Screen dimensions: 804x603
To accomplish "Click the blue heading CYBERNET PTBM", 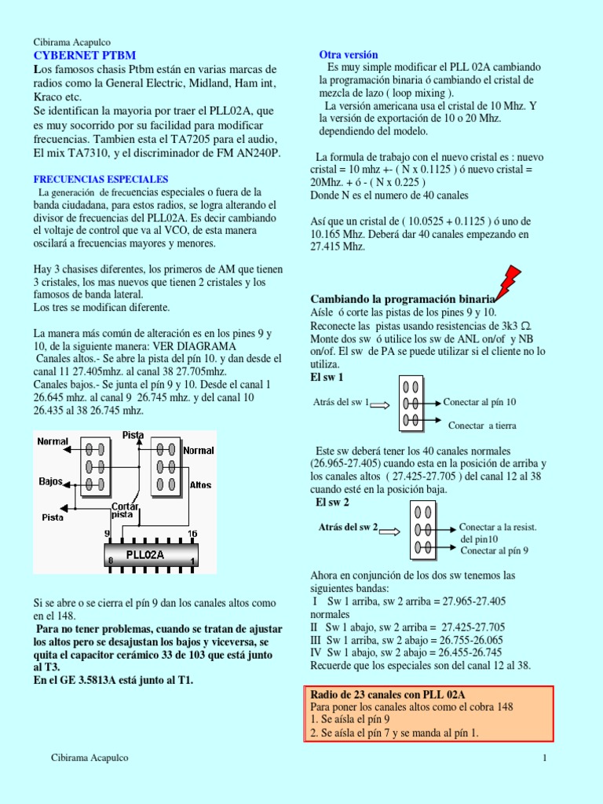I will [84, 55].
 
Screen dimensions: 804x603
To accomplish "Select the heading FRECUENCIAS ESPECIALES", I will [100, 179].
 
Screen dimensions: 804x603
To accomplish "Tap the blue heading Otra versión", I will [348, 55].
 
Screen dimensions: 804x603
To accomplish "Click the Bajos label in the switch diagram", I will [51, 481].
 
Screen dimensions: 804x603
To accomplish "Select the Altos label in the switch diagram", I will [200, 484].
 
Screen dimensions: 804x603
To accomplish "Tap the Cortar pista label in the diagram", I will [124, 510].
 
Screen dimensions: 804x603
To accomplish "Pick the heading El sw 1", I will [327, 378].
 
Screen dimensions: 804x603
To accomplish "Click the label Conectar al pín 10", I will [480, 402].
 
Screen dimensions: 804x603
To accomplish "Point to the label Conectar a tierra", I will [481, 426].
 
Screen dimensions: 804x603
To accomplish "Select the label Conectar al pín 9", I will [494, 550].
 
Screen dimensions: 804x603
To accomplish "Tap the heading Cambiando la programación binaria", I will [402, 299].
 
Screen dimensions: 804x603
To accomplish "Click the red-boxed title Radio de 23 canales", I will [389, 694].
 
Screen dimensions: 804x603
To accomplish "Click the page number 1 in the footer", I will [543, 758].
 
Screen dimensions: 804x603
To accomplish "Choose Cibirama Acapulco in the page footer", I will [90, 758].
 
